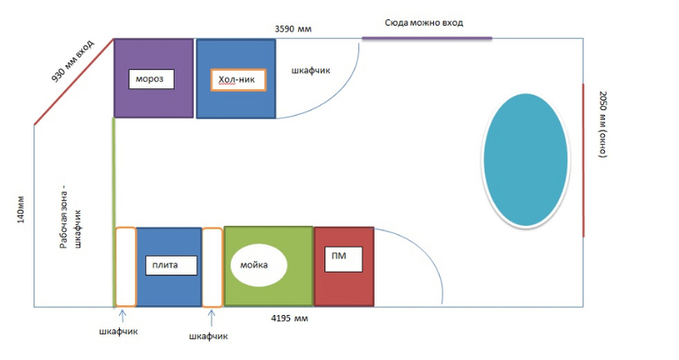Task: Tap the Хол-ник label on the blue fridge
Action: [236, 79]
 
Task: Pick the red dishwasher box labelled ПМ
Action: [345, 266]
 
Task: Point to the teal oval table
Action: [525, 159]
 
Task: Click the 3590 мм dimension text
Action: [294, 29]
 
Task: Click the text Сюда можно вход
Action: [424, 22]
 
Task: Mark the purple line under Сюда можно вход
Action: [427, 38]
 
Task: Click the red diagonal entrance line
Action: [73, 81]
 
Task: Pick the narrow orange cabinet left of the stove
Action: [125, 266]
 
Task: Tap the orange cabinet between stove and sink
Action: [213, 266]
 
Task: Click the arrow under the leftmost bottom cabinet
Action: [123, 315]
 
